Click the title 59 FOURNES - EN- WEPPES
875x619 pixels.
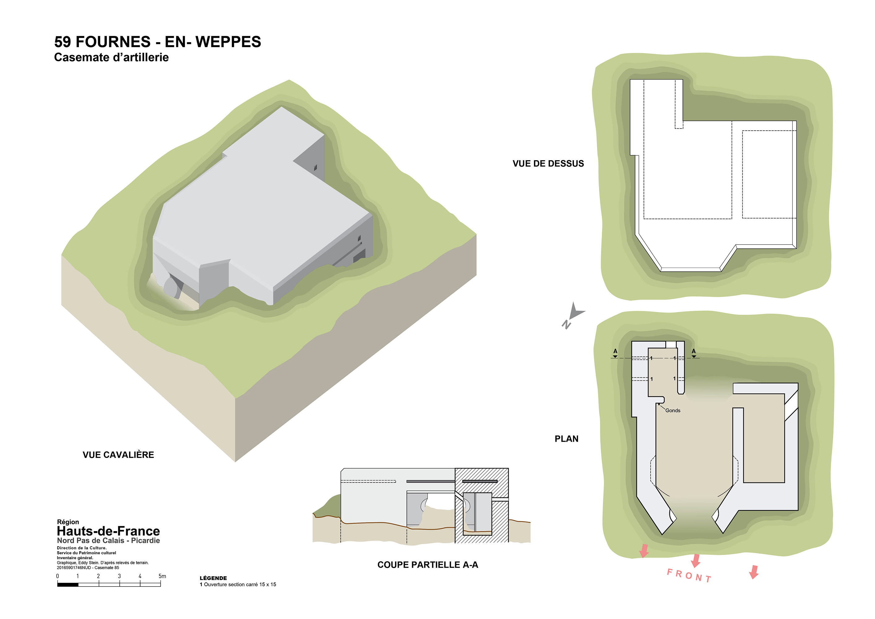[157, 41]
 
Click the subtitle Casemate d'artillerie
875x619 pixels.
[111, 57]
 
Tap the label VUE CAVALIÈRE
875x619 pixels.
[118, 455]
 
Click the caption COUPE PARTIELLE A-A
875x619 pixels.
[428, 565]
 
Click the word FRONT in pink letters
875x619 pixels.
[689, 576]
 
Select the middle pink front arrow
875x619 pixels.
[696, 561]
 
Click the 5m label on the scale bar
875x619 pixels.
[162, 576]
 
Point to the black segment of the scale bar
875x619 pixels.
[68, 585]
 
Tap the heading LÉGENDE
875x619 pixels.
[213, 578]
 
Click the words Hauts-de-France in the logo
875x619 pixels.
[108, 531]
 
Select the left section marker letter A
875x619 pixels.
[615, 351]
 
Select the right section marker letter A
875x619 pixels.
[694, 351]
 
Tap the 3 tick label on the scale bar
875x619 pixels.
[119, 576]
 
